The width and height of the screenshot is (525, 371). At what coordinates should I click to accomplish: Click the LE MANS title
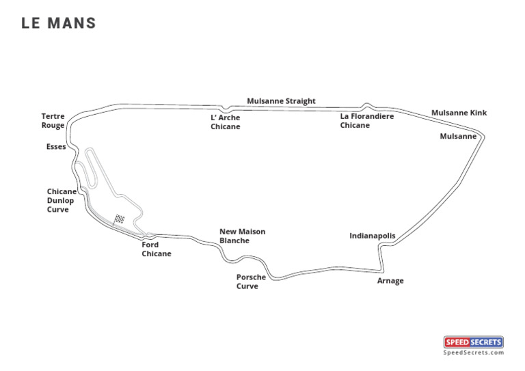click(x=59, y=23)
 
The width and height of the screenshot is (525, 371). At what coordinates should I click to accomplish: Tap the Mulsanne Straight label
click(x=281, y=101)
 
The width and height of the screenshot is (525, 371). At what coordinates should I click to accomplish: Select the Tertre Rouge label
click(x=53, y=121)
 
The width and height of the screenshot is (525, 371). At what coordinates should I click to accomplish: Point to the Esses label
click(x=56, y=147)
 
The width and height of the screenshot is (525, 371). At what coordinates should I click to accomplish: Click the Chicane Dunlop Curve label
click(x=62, y=201)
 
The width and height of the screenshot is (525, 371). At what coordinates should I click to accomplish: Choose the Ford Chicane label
click(x=157, y=249)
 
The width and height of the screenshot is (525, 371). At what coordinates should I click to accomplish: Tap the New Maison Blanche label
click(x=242, y=236)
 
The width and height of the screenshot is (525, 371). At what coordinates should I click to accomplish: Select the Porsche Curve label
click(x=251, y=282)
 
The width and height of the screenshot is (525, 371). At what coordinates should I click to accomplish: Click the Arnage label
click(x=390, y=281)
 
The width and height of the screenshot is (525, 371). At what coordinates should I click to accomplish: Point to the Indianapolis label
click(x=373, y=236)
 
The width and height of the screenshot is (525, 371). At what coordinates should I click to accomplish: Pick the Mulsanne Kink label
click(x=459, y=113)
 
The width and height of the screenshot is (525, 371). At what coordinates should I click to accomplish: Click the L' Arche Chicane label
click(x=226, y=122)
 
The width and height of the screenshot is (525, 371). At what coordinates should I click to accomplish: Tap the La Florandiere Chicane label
click(x=367, y=121)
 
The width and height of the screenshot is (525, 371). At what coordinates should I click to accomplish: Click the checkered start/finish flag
click(x=120, y=219)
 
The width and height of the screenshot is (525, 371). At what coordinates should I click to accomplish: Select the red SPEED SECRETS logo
click(x=473, y=342)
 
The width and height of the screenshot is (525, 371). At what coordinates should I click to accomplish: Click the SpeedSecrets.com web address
click(x=473, y=353)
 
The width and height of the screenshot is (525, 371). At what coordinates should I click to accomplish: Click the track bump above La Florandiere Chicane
click(x=368, y=105)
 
